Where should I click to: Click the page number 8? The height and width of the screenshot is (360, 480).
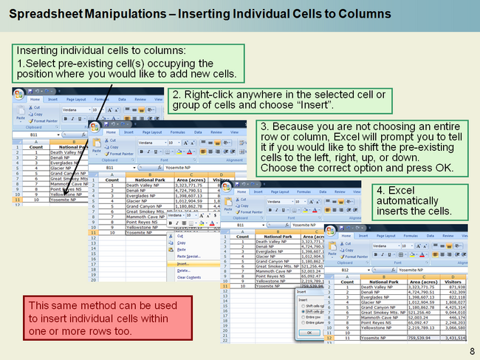[x=471, y=350]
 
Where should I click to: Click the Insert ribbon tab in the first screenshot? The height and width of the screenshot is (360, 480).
[x=52, y=99]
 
